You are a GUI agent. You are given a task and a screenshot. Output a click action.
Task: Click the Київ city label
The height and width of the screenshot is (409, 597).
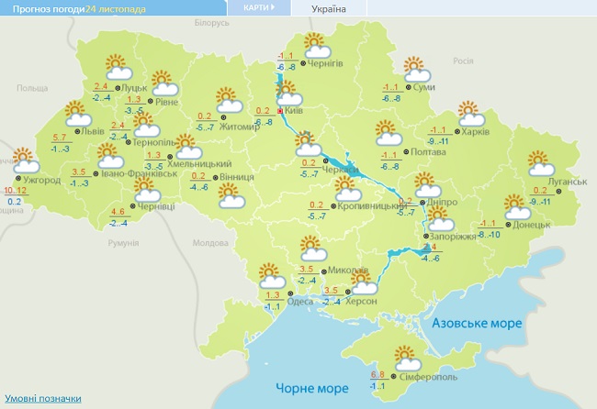tap(295, 109)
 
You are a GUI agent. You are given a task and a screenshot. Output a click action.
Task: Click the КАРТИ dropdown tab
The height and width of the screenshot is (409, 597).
tap(258, 7)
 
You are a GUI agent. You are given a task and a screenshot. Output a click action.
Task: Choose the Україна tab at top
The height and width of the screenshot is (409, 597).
tap(329, 8)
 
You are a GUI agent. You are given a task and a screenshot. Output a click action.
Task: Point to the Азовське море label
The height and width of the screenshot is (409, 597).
tap(476, 324)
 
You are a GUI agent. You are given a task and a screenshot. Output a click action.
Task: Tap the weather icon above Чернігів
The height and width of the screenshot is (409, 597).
tap(316, 44)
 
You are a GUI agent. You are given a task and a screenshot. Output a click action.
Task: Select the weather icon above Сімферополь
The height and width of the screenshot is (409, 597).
tap(405, 358)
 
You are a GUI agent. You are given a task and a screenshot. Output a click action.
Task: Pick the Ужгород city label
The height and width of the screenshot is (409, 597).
tap(43, 180)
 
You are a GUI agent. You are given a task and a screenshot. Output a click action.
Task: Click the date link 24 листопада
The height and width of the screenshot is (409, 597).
tap(115, 8)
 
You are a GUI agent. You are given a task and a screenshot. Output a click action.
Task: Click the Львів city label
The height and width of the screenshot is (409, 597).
tap(93, 131)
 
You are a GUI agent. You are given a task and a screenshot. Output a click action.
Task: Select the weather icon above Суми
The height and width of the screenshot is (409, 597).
tap(417, 69)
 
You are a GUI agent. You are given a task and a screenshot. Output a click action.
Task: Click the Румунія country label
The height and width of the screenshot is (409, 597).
tap(122, 243)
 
